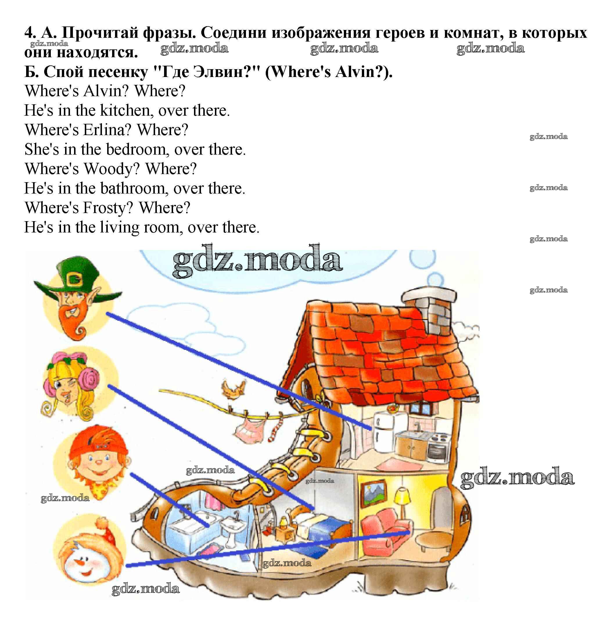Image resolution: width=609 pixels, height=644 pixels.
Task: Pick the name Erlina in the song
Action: coord(107,130)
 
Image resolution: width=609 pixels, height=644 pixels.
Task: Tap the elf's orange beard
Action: coord(73,320)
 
